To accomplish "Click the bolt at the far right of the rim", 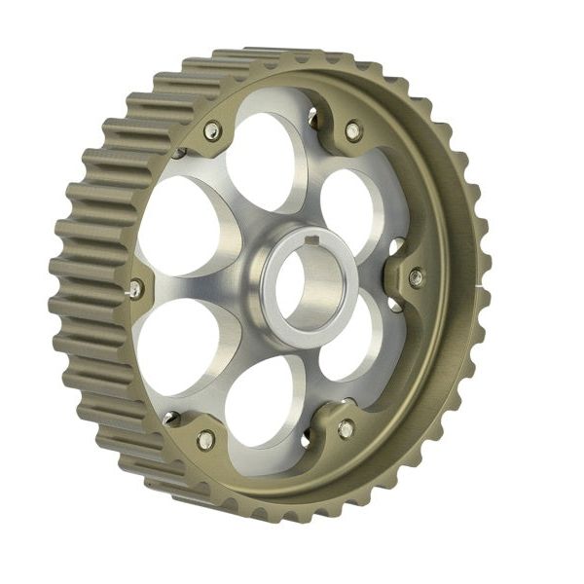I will [416, 277].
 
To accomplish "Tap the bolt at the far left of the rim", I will [135, 288].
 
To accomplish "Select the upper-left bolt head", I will [212, 130].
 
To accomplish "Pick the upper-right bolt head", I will [352, 129].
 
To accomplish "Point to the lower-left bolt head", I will [205, 440].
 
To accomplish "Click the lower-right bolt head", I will [346, 428].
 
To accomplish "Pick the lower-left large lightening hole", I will [180, 346].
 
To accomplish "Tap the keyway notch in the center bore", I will [310, 239].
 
